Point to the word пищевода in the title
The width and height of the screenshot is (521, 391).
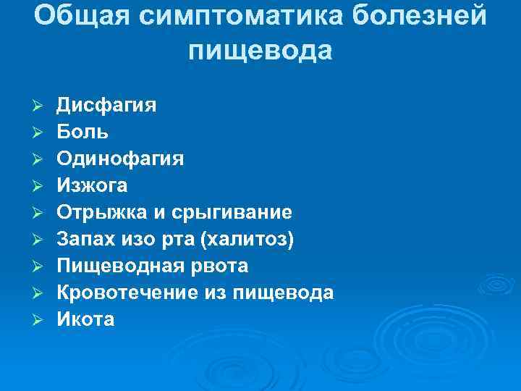pos(260,51)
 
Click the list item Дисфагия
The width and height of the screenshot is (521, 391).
pos(106,106)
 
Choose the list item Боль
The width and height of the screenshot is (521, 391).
pos(83,133)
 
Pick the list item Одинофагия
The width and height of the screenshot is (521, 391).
pos(120,159)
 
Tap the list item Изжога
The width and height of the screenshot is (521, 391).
pos(93,186)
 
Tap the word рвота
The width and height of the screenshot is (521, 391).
pos(220,266)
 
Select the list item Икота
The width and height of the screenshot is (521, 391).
pos(85,319)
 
